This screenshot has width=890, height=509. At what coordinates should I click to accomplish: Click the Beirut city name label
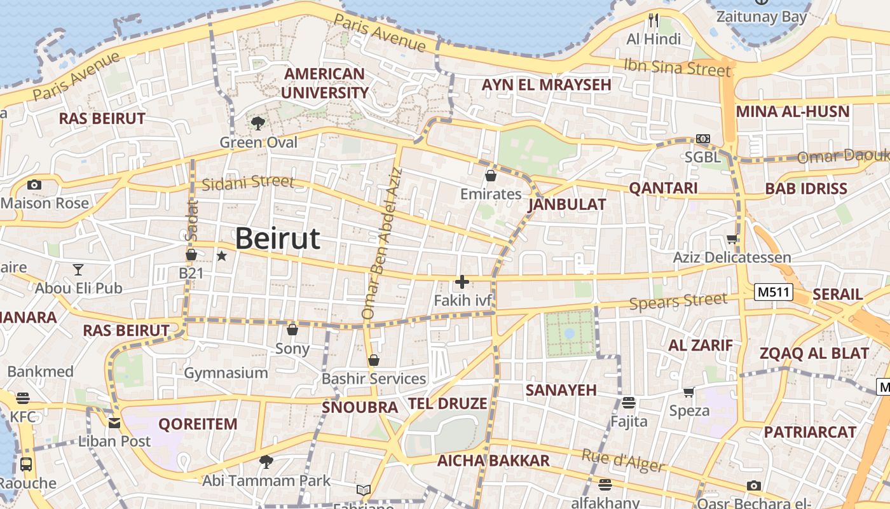tap(277, 239)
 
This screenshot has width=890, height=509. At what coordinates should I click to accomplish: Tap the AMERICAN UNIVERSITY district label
tap(324, 83)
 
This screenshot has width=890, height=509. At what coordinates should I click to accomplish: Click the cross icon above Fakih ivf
tap(462, 281)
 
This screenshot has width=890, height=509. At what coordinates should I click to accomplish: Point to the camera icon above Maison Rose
tap(34, 185)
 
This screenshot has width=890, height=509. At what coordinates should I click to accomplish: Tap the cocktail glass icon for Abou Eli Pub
tap(78, 270)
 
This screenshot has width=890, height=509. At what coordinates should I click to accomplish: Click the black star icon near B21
tap(221, 256)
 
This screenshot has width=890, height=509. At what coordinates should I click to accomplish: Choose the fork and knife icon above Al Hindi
tap(654, 20)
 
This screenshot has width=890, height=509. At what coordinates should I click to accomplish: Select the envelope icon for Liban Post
tap(114, 423)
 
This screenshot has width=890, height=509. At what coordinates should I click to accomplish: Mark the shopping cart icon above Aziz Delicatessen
tap(732, 239)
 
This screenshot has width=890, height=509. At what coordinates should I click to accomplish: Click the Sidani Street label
tap(248, 183)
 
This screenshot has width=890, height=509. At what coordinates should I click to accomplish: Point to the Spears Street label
tap(678, 301)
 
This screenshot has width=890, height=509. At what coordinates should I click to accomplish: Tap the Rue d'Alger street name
tap(622, 461)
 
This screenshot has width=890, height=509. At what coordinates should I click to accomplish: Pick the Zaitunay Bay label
tap(761, 17)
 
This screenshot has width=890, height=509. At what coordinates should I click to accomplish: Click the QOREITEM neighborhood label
tap(198, 424)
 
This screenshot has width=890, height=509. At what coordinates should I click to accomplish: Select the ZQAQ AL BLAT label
tap(814, 353)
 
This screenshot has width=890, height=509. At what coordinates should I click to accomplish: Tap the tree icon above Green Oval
tap(258, 123)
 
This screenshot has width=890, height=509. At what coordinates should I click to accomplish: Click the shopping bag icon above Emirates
tap(490, 176)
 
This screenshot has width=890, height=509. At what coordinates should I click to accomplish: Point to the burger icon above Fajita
tap(629, 402)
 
